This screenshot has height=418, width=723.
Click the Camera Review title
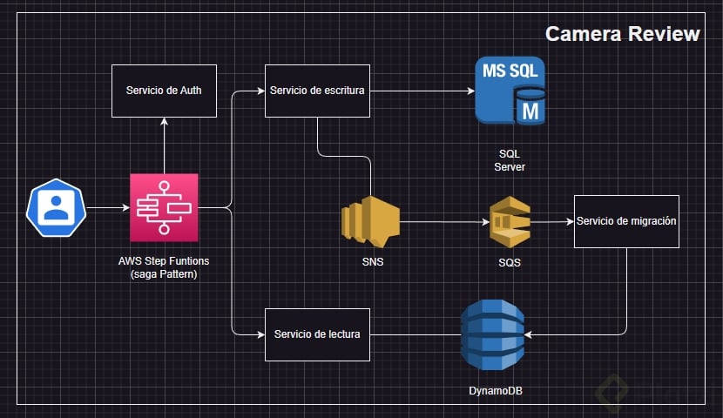click(622, 34)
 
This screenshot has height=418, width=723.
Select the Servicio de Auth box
click(164, 91)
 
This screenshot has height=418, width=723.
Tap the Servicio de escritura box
click(317, 91)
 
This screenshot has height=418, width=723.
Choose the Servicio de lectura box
click(317, 334)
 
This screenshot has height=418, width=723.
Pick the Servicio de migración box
click(626, 221)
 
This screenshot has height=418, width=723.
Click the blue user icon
click(56, 208)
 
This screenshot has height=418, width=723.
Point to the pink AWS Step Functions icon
click(164, 207)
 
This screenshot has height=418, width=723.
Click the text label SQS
click(510, 262)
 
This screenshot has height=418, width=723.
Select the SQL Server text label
click(510, 159)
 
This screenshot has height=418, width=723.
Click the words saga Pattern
click(164, 274)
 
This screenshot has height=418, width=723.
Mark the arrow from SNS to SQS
click(444, 222)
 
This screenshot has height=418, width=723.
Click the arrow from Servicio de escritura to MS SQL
click(422, 91)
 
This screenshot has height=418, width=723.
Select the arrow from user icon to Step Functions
click(106, 208)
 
